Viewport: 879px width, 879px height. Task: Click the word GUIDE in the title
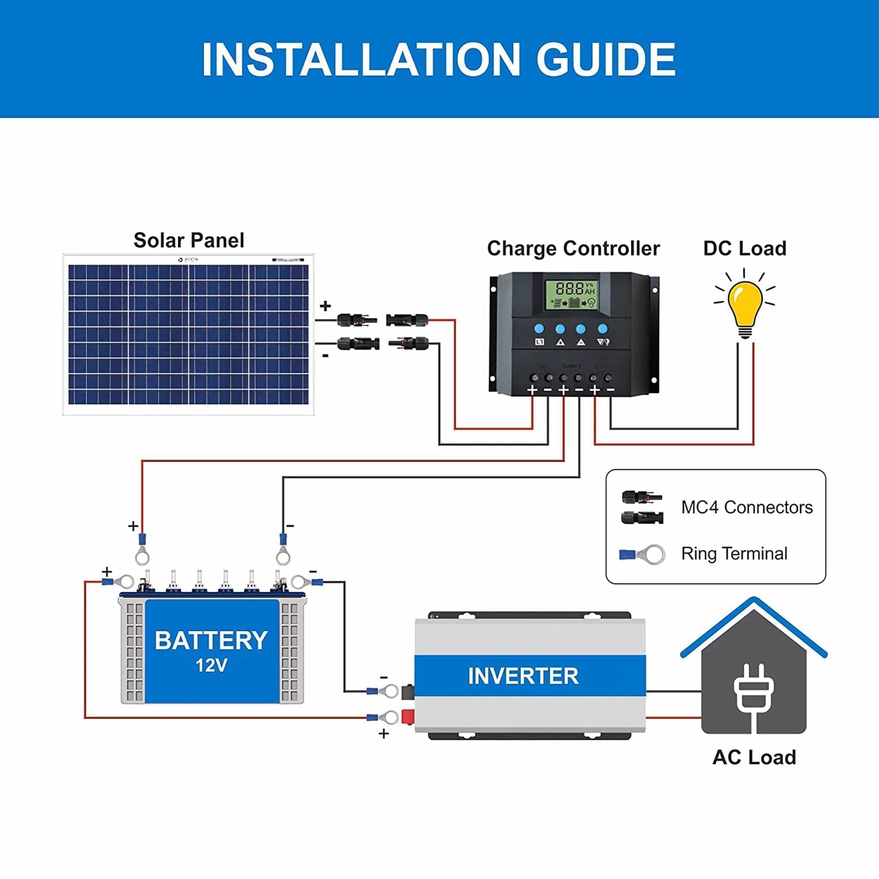coord(606,60)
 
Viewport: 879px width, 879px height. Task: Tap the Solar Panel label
coord(189,240)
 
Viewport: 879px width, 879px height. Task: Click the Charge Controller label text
coord(573,249)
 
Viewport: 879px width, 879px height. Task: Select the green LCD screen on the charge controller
coord(571,295)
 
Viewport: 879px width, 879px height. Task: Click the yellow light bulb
coord(745,303)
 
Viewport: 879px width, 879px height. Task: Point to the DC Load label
coord(745,249)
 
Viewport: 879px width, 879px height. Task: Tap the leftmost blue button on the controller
coord(539,328)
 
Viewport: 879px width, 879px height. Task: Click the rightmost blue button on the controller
coord(602,328)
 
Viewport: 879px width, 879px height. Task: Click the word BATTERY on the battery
coord(211,641)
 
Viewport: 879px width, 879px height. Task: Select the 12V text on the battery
coord(211,666)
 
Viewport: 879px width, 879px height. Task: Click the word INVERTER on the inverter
coord(523,676)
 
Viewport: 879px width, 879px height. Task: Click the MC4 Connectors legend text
coord(747,507)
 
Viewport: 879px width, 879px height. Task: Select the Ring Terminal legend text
coord(734,554)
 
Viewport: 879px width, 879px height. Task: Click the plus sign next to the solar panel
coord(325,306)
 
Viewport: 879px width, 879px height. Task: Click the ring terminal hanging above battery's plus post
coord(142,551)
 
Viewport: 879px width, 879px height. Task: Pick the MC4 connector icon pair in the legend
coord(642,507)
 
